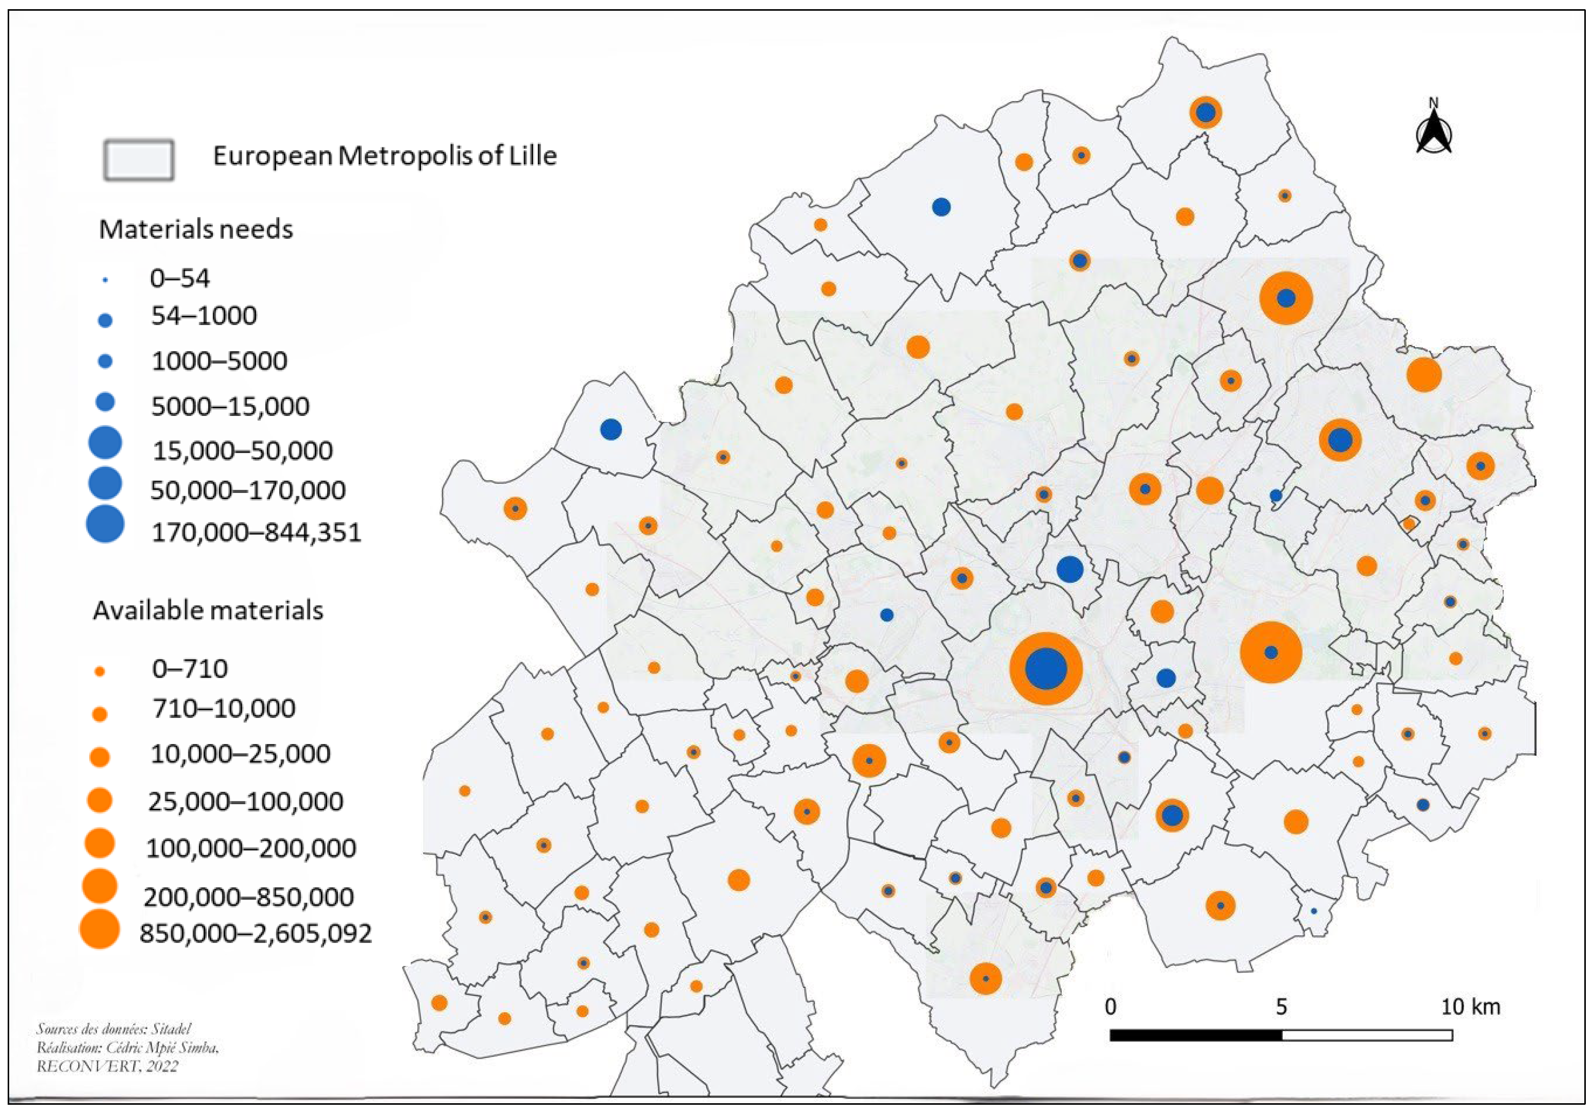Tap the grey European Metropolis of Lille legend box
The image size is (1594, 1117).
pyautogui.click(x=139, y=160)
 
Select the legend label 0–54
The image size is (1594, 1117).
pyautogui.click(x=180, y=279)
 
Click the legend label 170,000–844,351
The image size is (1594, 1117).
pyautogui.click(x=256, y=532)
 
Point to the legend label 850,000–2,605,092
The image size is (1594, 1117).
pyautogui.click(x=256, y=933)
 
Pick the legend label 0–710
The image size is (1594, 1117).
pyautogui.click(x=189, y=668)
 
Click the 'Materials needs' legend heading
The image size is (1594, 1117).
pyautogui.click(x=196, y=229)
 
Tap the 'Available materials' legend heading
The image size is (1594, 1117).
pyautogui.click(x=208, y=610)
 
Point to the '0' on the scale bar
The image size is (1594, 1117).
pyautogui.click(x=1111, y=1007)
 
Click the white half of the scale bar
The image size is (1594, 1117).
pyautogui.click(x=1366, y=1035)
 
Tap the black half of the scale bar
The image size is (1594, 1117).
pyautogui.click(x=1195, y=1035)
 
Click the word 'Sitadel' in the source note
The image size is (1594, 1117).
pyautogui.click(x=171, y=1029)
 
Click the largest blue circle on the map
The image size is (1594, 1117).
pyautogui.click(x=1045, y=668)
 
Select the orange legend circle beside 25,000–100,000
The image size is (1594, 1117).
pyautogui.click(x=100, y=801)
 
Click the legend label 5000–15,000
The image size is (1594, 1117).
pyautogui.click(x=230, y=406)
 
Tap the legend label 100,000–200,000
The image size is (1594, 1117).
pyautogui.click(x=251, y=848)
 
